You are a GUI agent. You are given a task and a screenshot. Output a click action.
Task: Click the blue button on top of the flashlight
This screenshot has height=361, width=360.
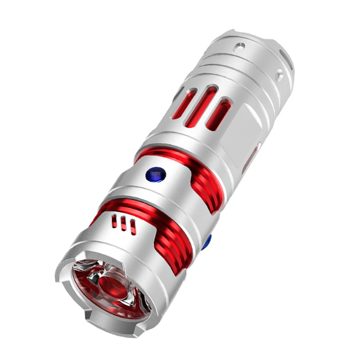click(x=156, y=173)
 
